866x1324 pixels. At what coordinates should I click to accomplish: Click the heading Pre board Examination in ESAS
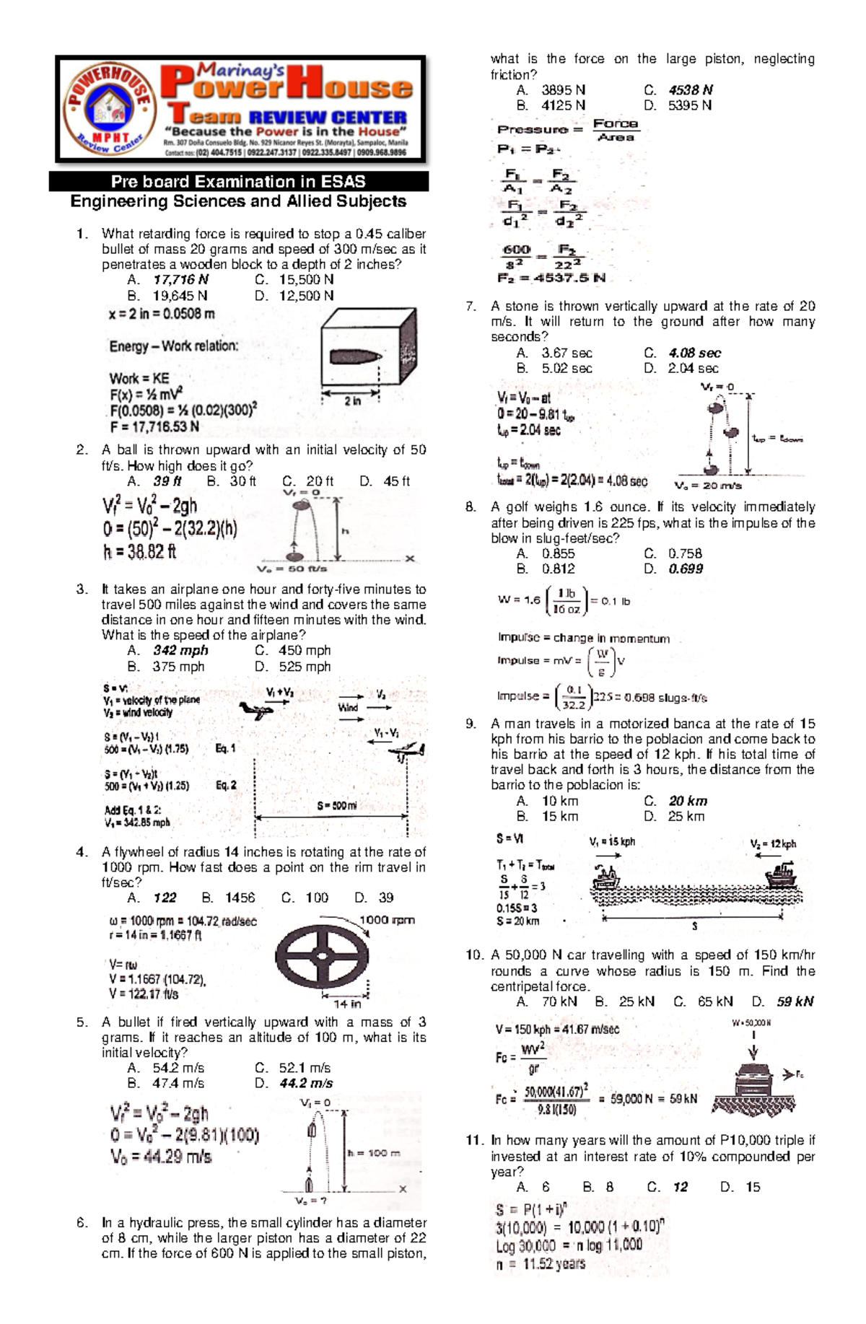[x=238, y=182]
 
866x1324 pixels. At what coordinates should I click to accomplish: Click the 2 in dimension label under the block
[x=352, y=401]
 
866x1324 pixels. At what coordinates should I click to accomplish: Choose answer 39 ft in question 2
[x=167, y=481]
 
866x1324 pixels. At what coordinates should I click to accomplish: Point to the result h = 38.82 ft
[x=139, y=553]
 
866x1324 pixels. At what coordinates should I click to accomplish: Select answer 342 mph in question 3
[x=180, y=651]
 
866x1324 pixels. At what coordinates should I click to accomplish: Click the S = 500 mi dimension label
[x=336, y=806]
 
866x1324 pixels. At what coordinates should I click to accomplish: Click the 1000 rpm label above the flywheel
[x=387, y=920]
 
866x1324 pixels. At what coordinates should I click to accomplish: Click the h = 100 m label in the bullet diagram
[x=374, y=1153]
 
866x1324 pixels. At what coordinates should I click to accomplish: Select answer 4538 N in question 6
[x=690, y=90]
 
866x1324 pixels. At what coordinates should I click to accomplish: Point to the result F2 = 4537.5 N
[x=551, y=278]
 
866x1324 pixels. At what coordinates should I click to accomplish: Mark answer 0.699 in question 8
[x=686, y=569]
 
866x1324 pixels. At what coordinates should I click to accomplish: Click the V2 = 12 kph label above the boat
[x=773, y=844]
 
